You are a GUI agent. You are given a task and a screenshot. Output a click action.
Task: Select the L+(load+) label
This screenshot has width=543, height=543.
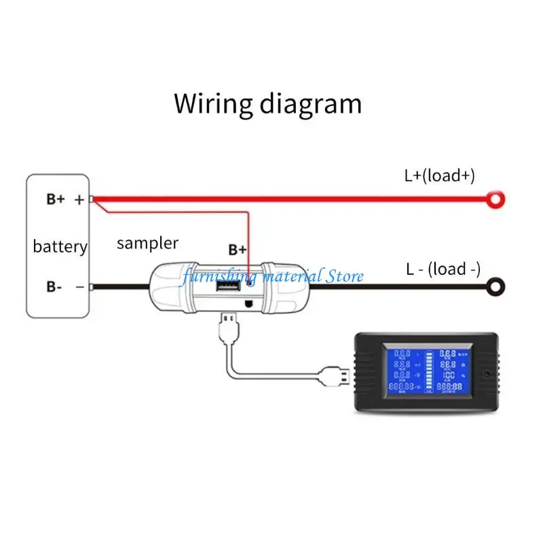click(439, 176)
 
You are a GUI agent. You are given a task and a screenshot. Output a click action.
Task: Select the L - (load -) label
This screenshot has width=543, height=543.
click(443, 269)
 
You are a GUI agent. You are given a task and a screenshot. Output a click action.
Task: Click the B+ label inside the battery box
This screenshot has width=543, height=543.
click(56, 200)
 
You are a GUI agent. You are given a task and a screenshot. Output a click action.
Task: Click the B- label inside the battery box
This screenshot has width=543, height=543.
click(54, 286)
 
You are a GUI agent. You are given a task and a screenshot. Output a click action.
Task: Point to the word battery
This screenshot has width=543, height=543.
click(60, 246)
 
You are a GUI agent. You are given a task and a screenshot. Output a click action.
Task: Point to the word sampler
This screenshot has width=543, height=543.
click(147, 243)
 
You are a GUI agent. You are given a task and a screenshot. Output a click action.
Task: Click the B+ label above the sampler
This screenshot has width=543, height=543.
click(237, 250)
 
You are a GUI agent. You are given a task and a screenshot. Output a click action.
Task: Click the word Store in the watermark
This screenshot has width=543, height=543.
click(344, 276)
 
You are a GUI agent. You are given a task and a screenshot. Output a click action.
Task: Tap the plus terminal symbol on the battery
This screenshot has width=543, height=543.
click(79, 200)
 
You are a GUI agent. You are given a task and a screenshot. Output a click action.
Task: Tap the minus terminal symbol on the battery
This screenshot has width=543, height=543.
click(79, 286)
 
